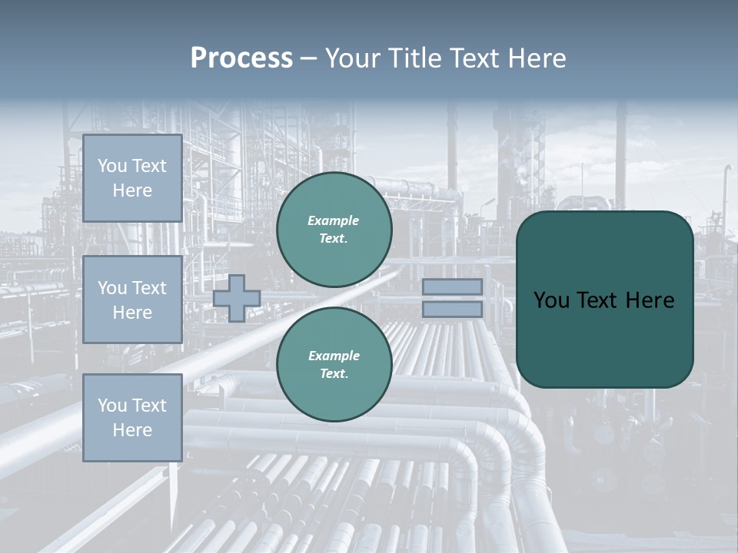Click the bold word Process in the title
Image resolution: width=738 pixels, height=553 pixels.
pos(241,58)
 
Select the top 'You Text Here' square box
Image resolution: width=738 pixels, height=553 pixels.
pos(132,178)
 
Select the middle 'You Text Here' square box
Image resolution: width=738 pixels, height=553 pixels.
pos(132,300)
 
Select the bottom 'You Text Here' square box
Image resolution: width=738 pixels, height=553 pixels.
pos(132,417)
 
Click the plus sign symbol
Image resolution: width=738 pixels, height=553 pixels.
pos(236,298)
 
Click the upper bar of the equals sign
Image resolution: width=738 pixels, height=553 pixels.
pos(452,286)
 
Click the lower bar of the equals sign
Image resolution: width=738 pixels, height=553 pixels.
pos(452,310)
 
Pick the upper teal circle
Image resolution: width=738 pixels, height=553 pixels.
pos(334,230)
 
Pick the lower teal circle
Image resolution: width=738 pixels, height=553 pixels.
pos(334,364)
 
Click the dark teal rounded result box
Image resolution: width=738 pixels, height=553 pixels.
pos(604,300)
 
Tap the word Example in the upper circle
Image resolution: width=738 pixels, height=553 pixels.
pos(334,220)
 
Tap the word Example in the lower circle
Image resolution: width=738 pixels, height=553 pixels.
pos(334,356)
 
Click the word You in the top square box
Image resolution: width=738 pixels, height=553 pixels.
pos(112,166)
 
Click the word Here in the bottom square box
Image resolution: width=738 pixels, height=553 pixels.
pos(132,430)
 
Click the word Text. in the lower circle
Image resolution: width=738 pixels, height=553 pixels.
pos(334,374)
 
